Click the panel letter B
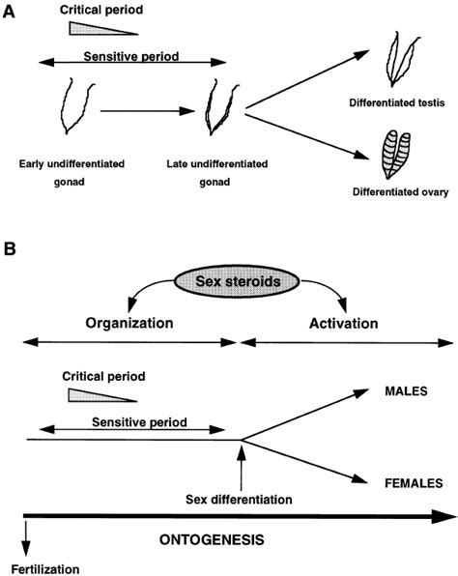pyautogui.click(x=11, y=249)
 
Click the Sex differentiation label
pyautogui.click(x=238, y=499)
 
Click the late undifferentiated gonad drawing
pyautogui.click(x=218, y=108)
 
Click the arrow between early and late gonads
pyautogui.click(x=141, y=110)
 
